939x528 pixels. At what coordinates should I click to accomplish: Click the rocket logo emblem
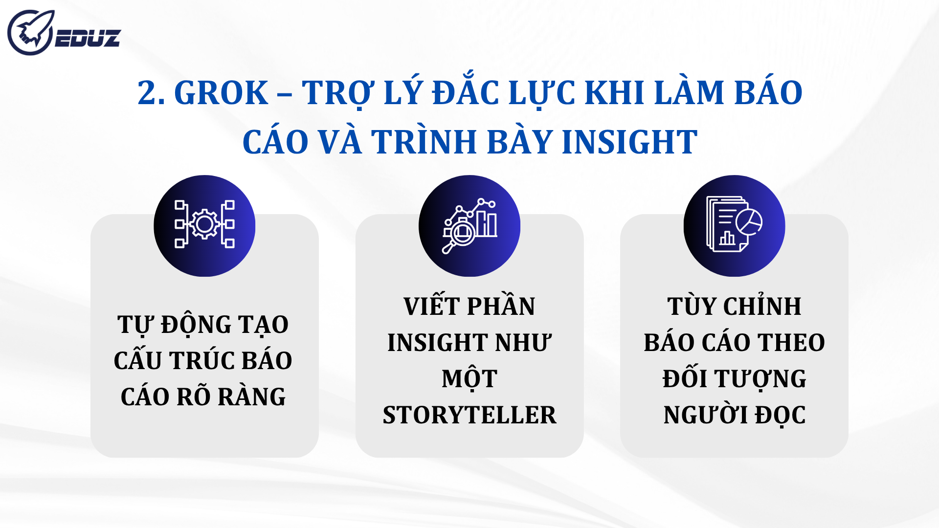click(30, 33)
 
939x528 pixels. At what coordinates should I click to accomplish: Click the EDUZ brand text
click(88, 39)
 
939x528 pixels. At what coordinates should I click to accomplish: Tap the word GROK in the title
click(221, 93)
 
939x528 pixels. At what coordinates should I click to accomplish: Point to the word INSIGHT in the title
click(629, 142)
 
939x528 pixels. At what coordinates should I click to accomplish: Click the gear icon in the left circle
click(204, 224)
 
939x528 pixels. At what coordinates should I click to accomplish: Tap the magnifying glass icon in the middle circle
click(460, 234)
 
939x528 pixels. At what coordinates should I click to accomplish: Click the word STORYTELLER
click(469, 415)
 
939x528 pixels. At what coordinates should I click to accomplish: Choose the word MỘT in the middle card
click(469, 379)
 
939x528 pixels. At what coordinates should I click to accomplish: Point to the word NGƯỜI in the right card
click(706, 415)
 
